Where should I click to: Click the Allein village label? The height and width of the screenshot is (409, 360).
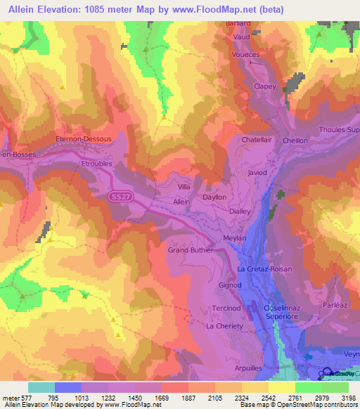[181, 201]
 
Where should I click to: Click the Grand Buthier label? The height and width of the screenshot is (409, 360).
[190, 249]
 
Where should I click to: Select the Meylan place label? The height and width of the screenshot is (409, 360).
[234, 238]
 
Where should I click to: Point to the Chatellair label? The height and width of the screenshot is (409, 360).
[257, 140]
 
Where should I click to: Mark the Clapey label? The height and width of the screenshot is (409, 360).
[264, 86]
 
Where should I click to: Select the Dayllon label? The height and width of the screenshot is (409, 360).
[214, 197]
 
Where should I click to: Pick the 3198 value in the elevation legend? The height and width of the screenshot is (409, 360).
[344, 398]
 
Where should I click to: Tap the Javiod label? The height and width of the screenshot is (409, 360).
[258, 171]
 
